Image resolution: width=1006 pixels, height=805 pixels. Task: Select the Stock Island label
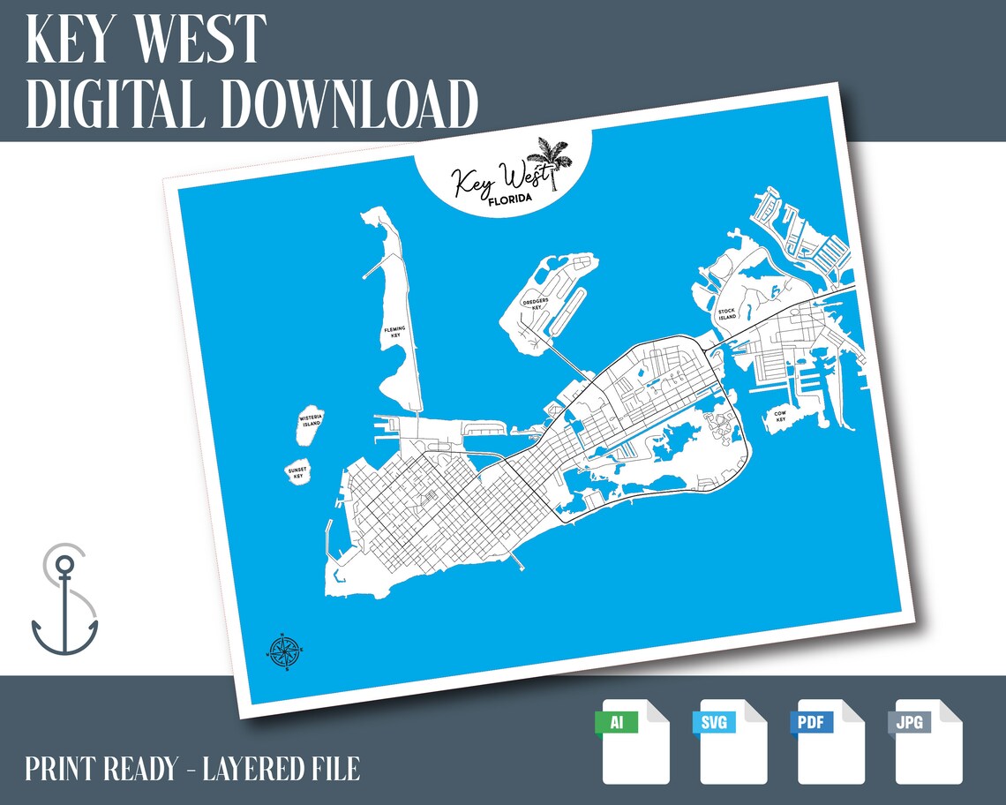pos(726,313)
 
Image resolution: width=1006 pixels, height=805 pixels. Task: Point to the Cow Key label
pos(780,417)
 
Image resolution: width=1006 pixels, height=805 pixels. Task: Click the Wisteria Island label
pos(310,420)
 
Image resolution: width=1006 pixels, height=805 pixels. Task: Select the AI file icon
pos(635,741)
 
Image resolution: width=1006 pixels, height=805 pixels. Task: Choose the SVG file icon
pos(733,741)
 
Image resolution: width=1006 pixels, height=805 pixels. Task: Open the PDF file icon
pos(831,741)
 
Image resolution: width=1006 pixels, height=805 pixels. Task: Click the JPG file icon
pos(928,741)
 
